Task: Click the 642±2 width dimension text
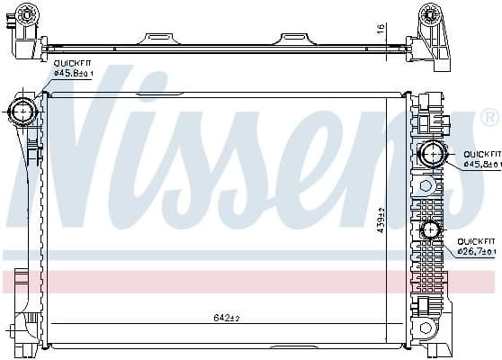click(228, 318)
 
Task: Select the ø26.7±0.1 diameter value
click(477, 252)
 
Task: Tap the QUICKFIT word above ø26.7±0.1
click(477, 242)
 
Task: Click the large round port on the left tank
click(22, 112)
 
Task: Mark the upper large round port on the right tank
click(433, 153)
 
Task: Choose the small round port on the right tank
click(428, 230)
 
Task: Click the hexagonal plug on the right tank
click(426, 186)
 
